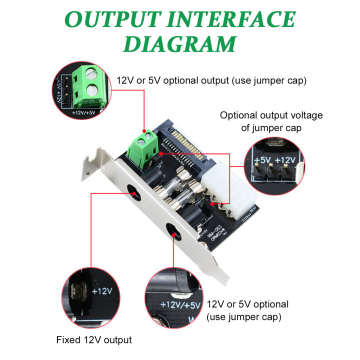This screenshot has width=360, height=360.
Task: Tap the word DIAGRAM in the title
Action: tap(179, 44)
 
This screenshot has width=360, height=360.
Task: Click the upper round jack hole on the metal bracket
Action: tap(133, 191)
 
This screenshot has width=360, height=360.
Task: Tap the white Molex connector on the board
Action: tap(241, 188)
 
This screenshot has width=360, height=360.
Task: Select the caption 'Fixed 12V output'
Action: tap(93, 340)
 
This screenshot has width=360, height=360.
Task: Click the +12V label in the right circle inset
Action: tap(286, 160)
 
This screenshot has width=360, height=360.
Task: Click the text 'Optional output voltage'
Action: tap(271, 115)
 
